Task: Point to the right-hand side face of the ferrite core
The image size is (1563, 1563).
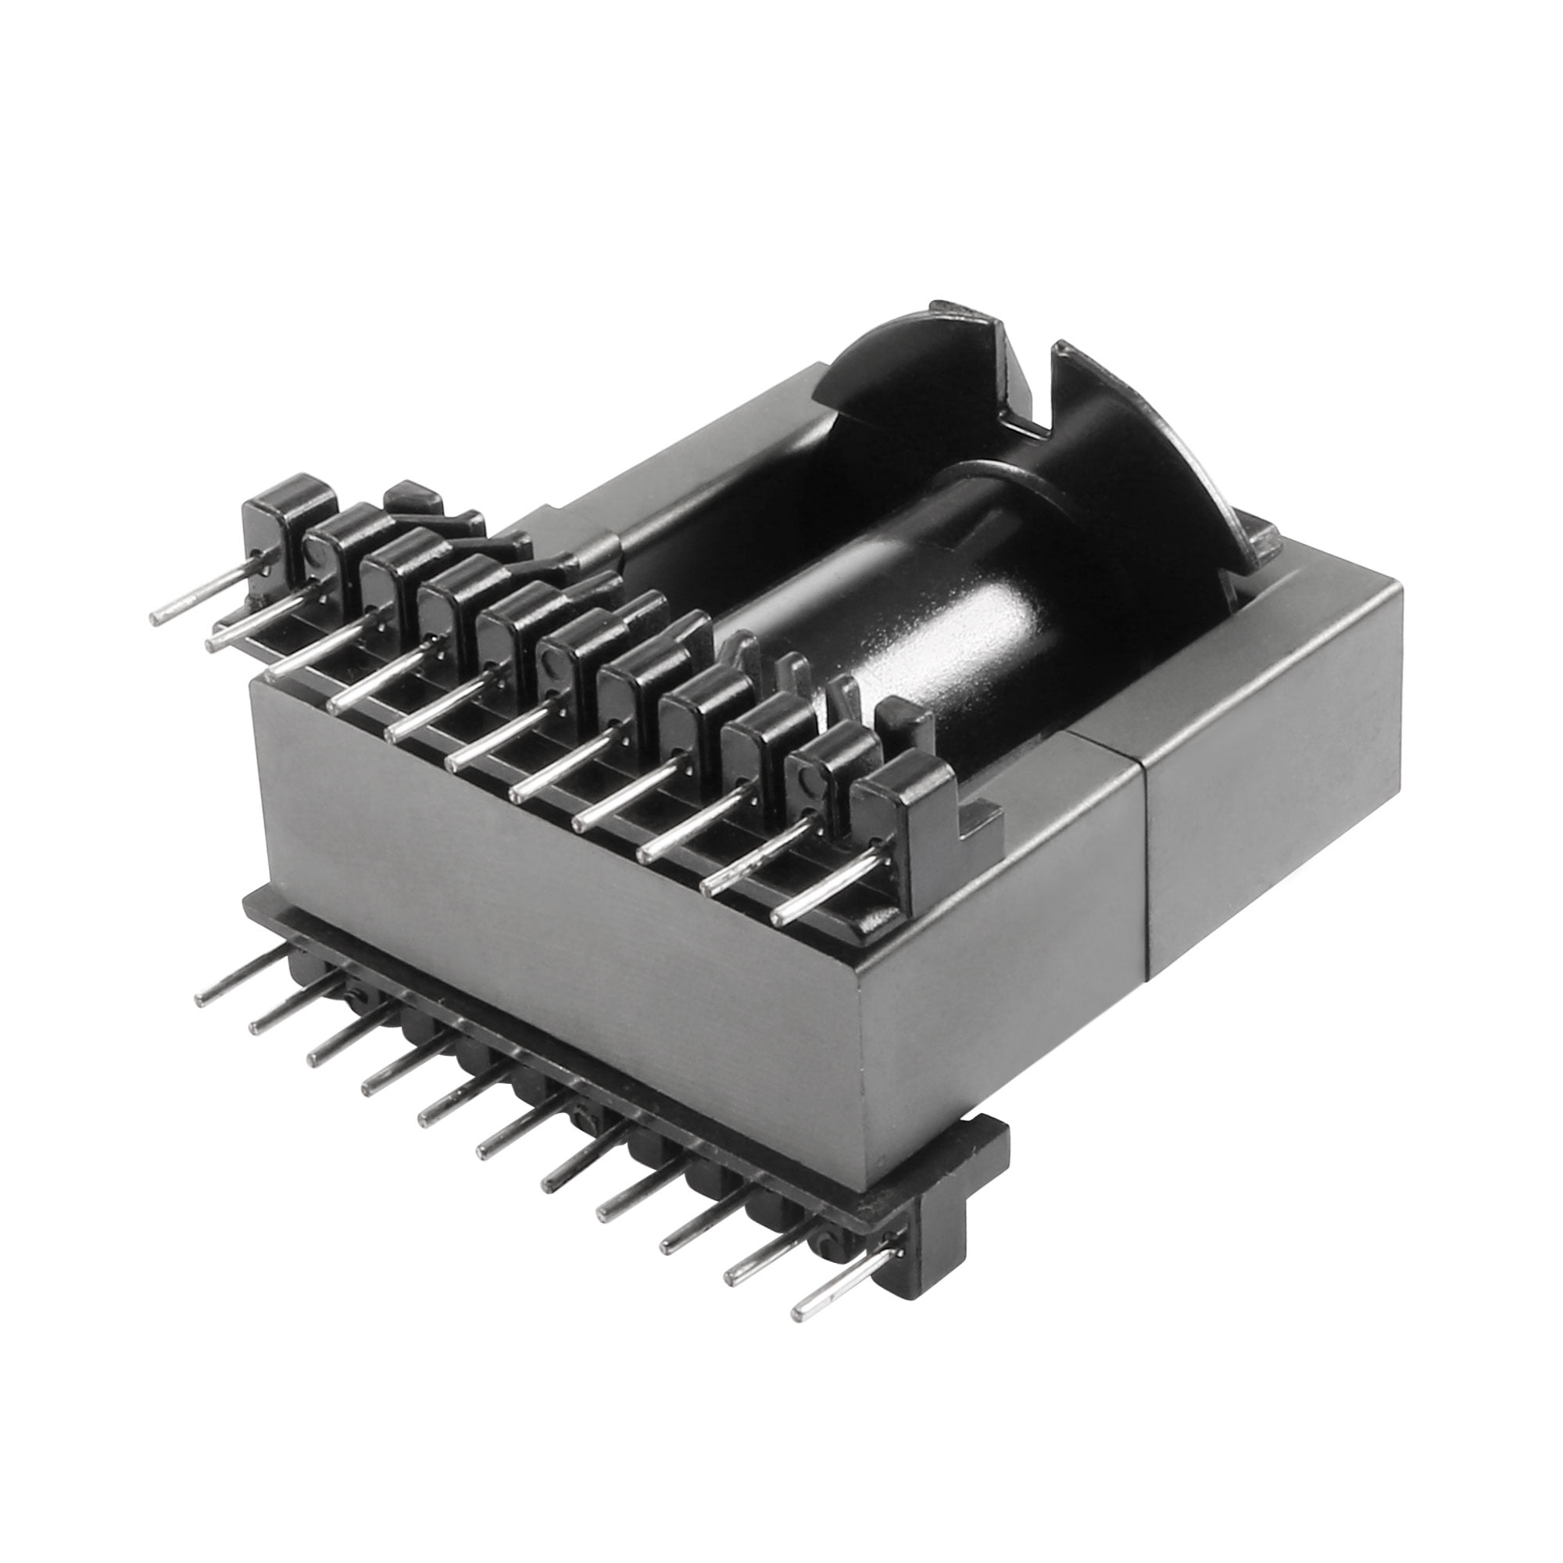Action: click(1270, 777)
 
